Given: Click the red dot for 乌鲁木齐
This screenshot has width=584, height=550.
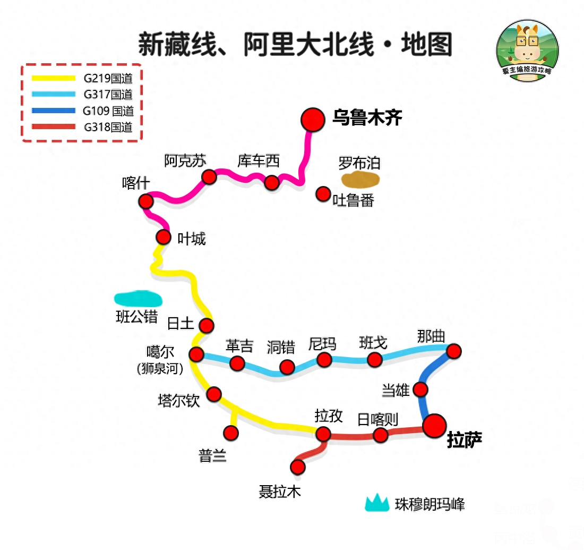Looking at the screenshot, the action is coord(313,120).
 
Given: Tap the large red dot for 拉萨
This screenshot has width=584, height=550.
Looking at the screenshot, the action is coord(435,426).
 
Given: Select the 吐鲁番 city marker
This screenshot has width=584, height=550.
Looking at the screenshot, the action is coord(323,194).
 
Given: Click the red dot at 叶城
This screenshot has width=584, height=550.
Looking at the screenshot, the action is coord(163,237).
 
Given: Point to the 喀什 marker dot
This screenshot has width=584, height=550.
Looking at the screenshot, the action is coord(145,201).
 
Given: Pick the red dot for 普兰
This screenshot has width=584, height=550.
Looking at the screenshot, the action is coord(231,433).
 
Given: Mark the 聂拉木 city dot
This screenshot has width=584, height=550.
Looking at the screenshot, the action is coord(298,467).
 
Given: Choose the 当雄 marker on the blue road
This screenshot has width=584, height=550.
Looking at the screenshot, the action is coord(420,390).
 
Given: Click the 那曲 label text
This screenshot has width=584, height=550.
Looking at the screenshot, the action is coord(431,336).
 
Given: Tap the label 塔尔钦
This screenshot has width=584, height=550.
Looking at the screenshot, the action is coord(179,401).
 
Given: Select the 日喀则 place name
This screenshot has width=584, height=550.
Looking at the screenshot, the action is coord(377,420).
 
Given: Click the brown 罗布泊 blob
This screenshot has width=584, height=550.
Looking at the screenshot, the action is coord(360,180).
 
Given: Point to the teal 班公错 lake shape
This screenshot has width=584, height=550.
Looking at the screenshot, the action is coord(138,299).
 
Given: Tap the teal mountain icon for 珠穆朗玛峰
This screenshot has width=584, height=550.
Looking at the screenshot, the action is coord(377,503).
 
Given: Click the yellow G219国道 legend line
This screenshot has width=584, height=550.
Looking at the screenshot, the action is coord(54,78).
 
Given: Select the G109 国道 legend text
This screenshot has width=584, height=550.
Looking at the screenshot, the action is coord(108,111).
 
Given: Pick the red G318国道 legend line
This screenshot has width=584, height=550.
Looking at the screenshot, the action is coord(54,127).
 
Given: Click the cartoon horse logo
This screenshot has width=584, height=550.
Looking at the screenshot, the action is coord(527,50).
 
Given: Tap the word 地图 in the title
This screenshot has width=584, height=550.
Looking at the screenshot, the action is coord(427,45).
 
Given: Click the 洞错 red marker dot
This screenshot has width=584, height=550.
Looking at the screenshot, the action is coord(287,367).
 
